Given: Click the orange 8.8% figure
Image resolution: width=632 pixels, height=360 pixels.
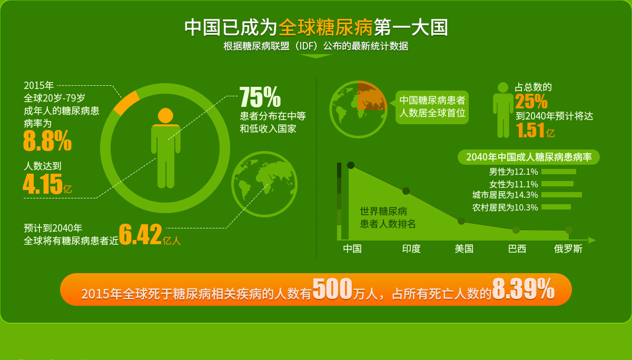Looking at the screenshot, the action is click(x=47, y=141).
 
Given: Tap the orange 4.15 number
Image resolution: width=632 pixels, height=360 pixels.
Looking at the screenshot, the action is click(x=43, y=184).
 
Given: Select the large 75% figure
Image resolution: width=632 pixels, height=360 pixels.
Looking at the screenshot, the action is click(x=260, y=97).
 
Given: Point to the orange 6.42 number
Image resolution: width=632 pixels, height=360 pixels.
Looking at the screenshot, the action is click(x=141, y=234).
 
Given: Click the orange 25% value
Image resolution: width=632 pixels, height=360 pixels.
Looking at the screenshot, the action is click(x=531, y=101).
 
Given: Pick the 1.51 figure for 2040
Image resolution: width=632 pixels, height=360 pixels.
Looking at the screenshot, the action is click(x=530, y=130).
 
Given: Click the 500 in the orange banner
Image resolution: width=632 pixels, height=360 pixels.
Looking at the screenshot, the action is click(x=332, y=288).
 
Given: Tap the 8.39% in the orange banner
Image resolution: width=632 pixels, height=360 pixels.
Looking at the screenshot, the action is click(x=524, y=288).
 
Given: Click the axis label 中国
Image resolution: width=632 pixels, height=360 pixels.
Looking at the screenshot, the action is click(x=352, y=248).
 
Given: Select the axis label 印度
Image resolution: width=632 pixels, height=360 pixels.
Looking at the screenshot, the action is click(x=411, y=248).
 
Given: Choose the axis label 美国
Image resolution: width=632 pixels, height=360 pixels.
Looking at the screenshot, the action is click(x=464, y=248).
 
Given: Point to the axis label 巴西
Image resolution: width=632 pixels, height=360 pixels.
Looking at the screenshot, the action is click(x=517, y=248).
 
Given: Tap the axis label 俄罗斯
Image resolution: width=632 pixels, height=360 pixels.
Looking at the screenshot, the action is click(x=568, y=248).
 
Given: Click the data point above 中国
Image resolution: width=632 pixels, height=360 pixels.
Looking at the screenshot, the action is click(x=351, y=165).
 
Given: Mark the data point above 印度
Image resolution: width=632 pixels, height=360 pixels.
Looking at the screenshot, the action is click(x=406, y=191).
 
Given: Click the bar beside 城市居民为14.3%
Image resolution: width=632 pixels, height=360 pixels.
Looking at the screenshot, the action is click(x=562, y=195).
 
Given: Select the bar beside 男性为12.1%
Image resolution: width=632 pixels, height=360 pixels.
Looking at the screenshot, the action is click(x=559, y=172).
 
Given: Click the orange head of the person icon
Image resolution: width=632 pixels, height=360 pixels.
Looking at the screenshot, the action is click(x=165, y=116).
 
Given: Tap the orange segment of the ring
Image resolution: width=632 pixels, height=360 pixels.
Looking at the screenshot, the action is click(x=126, y=103).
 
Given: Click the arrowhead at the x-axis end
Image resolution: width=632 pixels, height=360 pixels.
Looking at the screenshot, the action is click(x=592, y=240).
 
